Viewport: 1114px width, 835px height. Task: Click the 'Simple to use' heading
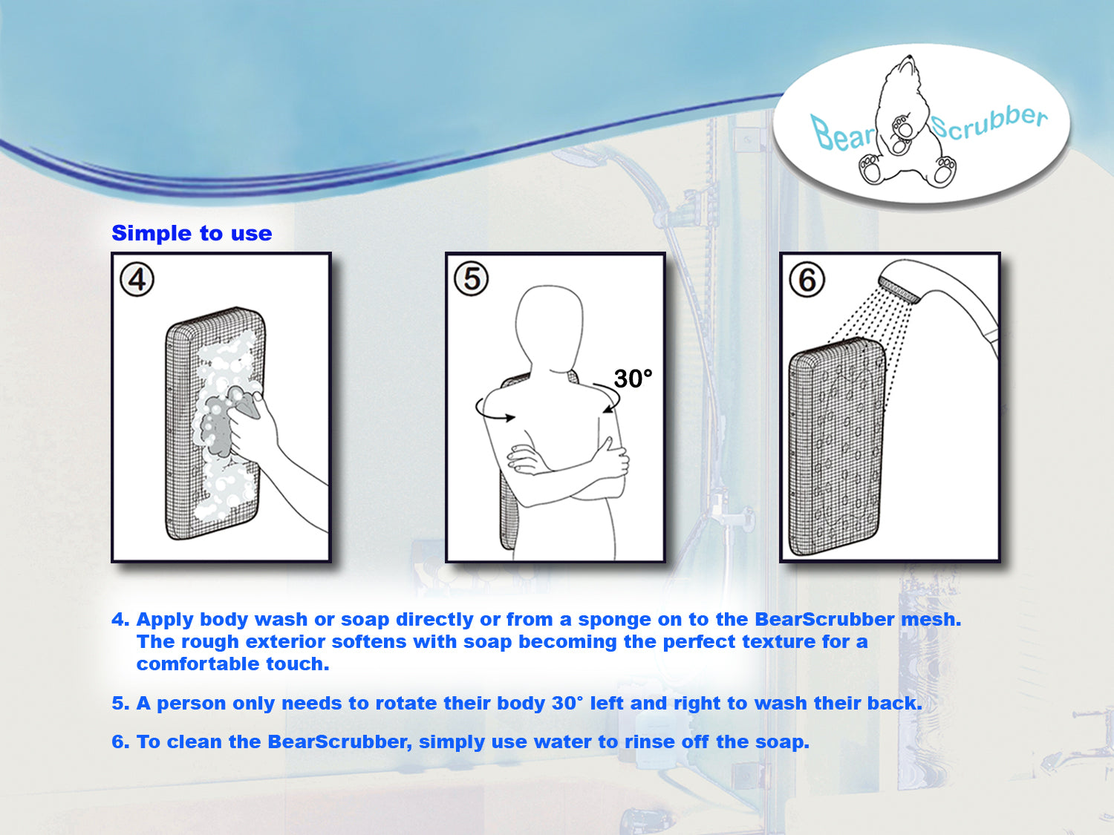pos(192,233)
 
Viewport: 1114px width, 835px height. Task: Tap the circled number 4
pos(137,281)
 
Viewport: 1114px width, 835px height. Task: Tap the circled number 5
pos(472,280)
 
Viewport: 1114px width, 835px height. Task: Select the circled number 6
pos(807,281)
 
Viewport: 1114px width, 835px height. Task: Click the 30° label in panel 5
pos(633,379)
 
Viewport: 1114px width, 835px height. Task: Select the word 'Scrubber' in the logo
pos(989,122)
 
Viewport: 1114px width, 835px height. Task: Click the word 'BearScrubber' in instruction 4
pos(824,620)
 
